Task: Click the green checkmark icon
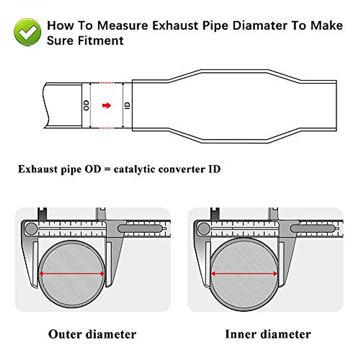tap(28, 32)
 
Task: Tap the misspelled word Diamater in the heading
tap(260, 25)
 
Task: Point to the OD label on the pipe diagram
tap(86, 105)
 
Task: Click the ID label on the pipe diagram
tap(127, 105)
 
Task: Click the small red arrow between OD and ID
tap(106, 105)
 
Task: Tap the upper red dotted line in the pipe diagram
tap(106, 83)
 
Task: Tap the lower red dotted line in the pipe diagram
tap(106, 128)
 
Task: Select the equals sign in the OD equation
tap(107, 169)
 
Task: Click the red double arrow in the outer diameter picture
tap(72, 273)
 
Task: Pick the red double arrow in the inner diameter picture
tap(244, 273)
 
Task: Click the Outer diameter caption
tap(92, 334)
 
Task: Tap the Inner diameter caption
tap(268, 334)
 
